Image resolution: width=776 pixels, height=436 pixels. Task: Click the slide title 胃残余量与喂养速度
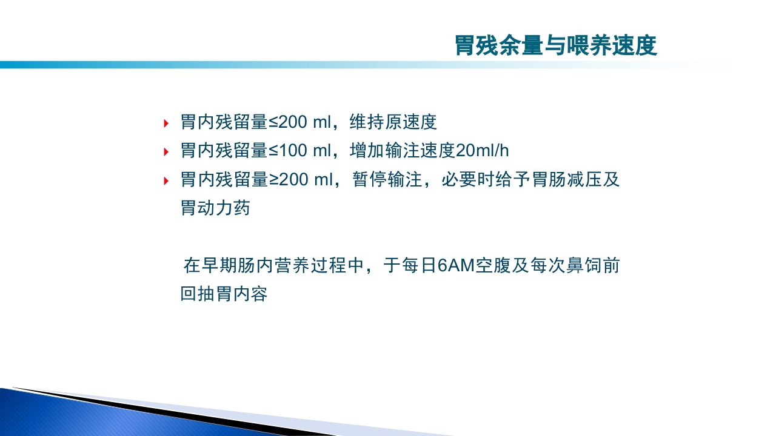(x=555, y=46)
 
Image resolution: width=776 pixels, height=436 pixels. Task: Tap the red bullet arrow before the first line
(x=166, y=124)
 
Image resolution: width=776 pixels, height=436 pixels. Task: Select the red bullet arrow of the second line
(x=166, y=152)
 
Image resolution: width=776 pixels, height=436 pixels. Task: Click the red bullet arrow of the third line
(x=166, y=180)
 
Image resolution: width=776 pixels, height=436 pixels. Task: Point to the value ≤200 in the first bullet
(x=288, y=122)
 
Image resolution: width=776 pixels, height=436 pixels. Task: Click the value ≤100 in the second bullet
(x=288, y=151)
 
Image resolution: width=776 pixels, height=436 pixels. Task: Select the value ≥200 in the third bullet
(x=288, y=180)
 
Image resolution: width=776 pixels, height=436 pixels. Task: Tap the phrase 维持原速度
(x=393, y=122)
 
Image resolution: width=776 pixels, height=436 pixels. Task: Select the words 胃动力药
(x=215, y=208)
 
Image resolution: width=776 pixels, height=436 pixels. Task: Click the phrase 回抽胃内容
(x=224, y=295)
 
